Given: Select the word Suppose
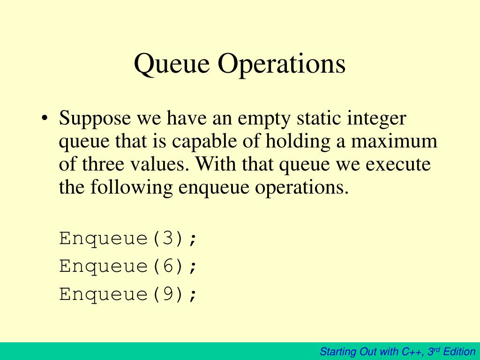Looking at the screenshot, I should coord(95,119).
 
